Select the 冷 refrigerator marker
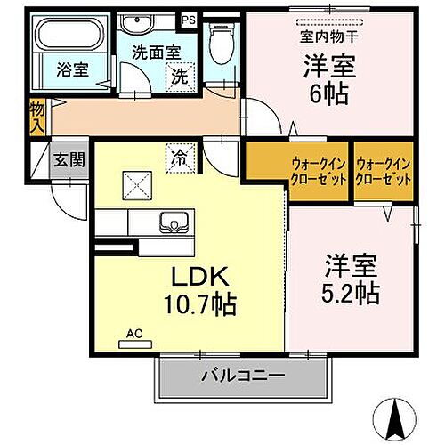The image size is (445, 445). [x=179, y=158]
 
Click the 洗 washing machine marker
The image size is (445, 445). [x=181, y=77]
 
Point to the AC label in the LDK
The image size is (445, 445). [x=134, y=334]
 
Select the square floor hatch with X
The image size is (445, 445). [x=139, y=188]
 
